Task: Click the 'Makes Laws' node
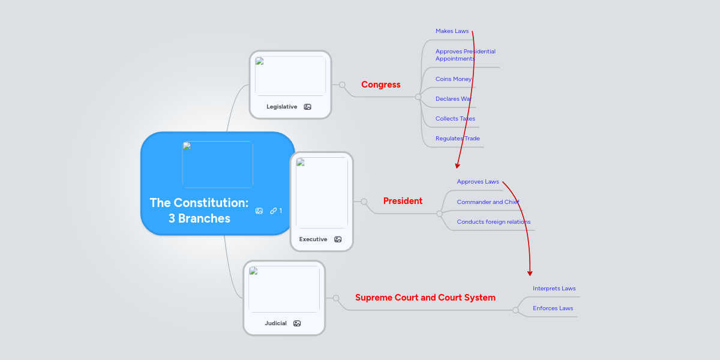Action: [x=452, y=31]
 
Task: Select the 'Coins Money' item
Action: [x=454, y=79]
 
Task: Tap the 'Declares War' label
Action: [x=454, y=98]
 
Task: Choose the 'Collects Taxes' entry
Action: [x=455, y=118]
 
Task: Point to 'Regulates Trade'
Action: [x=457, y=138]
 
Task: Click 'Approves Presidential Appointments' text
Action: [x=465, y=55]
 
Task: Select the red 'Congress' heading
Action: [x=380, y=85]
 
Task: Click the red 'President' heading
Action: [x=403, y=201]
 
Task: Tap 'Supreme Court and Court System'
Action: [x=425, y=298]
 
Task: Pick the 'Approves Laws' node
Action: [x=478, y=181]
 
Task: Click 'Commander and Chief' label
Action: [x=488, y=202]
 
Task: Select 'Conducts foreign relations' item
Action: [x=493, y=221]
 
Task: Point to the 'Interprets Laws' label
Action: [x=554, y=288]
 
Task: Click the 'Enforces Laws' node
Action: [x=553, y=308]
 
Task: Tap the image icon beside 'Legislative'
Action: [x=307, y=107]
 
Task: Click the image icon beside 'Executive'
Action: [x=338, y=239]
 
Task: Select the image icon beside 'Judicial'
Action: [x=297, y=323]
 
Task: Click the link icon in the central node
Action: [x=274, y=211]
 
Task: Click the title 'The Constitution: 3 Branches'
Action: [x=199, y=211]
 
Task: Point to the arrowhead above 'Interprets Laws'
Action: [x=530, y=273]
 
